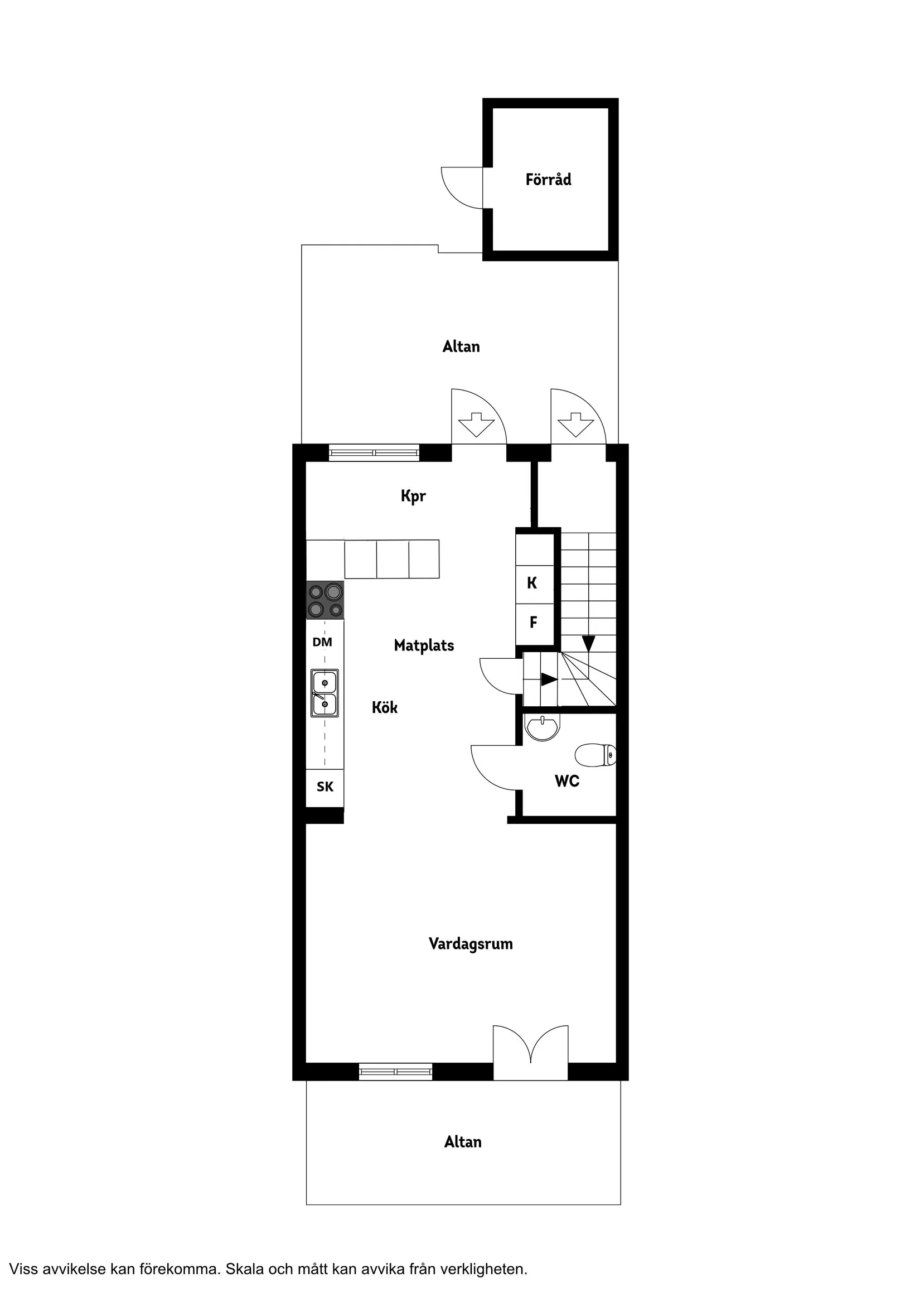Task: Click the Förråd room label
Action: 548,180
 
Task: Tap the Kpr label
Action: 413,496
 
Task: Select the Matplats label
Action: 424,645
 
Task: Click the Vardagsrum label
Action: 471,944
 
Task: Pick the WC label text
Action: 567,781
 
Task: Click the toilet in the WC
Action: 595,755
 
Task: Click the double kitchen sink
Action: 325,693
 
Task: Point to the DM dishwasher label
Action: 322,642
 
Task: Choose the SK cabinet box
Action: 325,787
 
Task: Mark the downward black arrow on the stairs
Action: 588,643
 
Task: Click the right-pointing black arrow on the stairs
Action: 548,679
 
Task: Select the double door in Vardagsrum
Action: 530,1054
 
